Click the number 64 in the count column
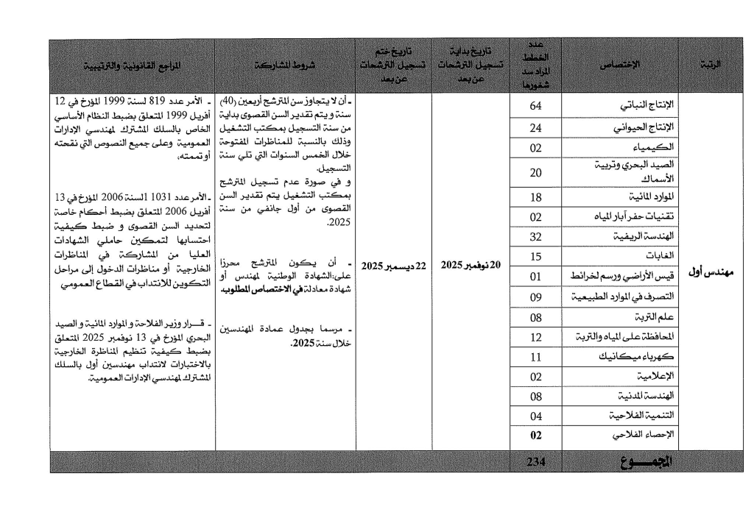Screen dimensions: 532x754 click(x=536, y=106)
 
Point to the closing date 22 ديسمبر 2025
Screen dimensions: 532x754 click(x=392, y=265)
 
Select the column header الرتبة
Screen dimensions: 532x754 click(x=709, y=66)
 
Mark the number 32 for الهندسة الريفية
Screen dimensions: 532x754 click(x=536, y=236)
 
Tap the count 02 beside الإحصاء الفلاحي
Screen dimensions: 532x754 click(x=536, y=435)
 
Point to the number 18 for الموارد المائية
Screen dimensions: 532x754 click(x=536, y=196)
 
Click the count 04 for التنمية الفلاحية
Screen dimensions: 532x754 click(x=536, y=416)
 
